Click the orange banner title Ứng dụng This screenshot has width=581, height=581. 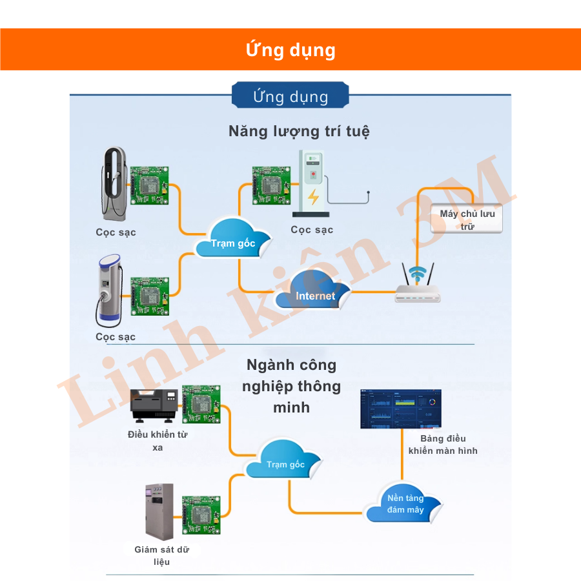[290, 50]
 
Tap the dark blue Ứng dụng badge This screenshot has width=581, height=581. [290, 97]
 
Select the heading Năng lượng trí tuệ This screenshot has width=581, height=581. [299, 131]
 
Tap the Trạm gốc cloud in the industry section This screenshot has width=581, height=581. [285, 460]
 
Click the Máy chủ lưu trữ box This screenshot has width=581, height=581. [467, 218]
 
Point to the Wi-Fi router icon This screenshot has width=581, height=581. [418, 284]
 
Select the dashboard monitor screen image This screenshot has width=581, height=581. [400, 409]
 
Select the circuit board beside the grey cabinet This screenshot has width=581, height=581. [201, 515]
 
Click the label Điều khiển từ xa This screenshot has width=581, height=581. [158, 440]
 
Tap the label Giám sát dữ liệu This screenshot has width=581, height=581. [161, 555]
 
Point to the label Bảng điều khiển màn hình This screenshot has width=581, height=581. [443, 444]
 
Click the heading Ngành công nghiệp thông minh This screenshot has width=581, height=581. [291, 386]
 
